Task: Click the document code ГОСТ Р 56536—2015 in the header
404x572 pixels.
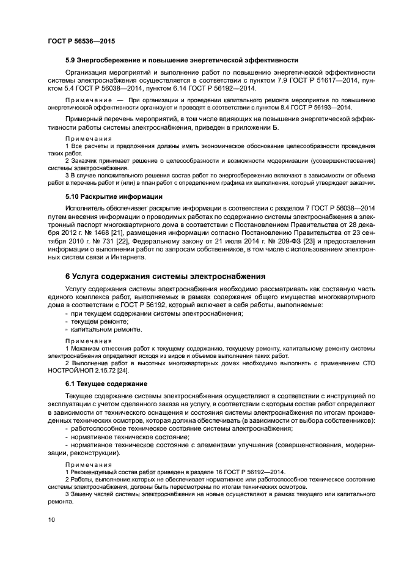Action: pyautogui.click(x=81, y=41)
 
